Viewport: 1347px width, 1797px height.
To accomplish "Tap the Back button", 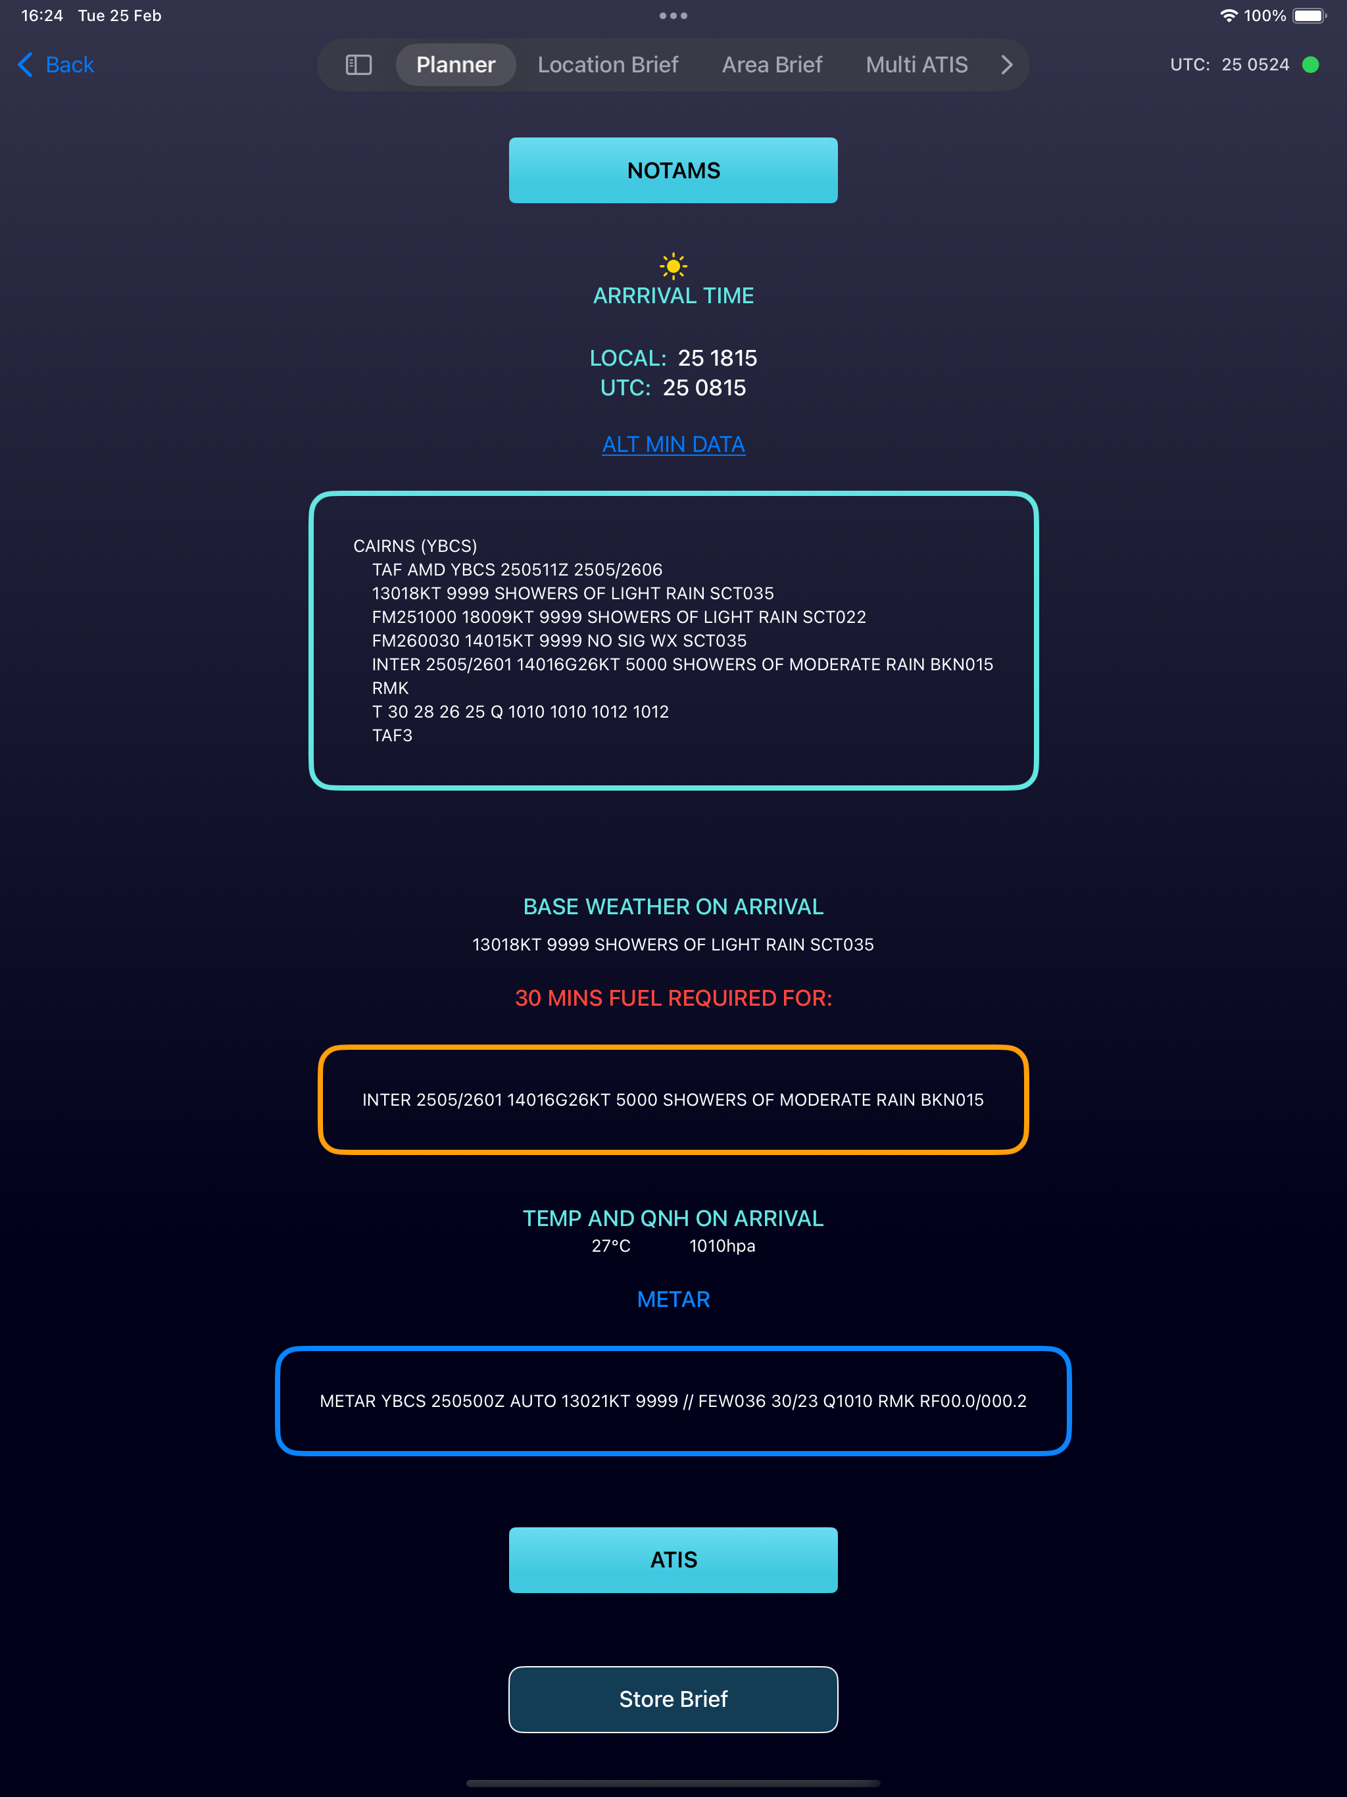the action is tap(56, 65).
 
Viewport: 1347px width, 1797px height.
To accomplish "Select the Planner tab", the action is tap(456, 65).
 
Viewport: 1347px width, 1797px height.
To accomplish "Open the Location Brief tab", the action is tap(608, 65).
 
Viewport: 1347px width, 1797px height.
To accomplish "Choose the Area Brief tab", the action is tap(771, 65).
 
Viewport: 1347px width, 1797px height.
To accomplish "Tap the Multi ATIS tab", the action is tap(916, 65).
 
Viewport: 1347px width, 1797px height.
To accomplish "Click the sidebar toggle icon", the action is tap(358, 65).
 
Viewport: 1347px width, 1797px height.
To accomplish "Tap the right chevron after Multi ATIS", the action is tap(1006, 65).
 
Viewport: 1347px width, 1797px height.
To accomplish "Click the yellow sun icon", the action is tap(673, 266).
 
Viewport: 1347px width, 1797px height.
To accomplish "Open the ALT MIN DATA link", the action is tap(673, 445).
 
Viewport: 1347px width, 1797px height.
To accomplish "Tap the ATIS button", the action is tap(673, 1560).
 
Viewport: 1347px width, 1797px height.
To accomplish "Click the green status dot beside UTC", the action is tap(1310, 65).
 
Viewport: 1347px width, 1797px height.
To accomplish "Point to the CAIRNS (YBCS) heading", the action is tap(415, 546).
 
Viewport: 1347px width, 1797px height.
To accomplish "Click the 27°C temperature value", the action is tap(611, 1246).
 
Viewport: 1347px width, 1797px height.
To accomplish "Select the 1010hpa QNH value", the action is tap(722, 1246).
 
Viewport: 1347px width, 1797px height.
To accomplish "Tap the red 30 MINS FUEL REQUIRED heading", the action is tap(673, 998).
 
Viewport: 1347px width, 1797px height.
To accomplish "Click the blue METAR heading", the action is tap(673, 1299).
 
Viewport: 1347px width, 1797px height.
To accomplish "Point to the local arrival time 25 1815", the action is tap(718, 358).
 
